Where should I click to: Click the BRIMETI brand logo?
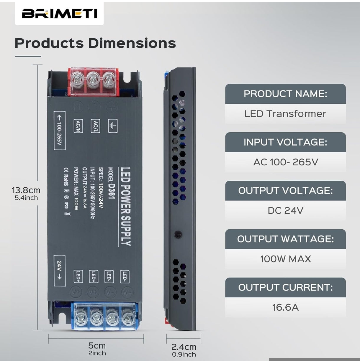[x=59, y=14]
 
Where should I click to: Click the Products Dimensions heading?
[x=95, y=43]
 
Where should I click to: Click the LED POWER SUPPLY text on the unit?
[x=126, y=206]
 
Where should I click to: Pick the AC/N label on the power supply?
[x=78, y=126]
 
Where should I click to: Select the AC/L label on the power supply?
[x=95, y=126]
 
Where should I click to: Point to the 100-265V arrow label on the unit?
[x=59, y=130]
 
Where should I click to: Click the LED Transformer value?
[x=285, y=114]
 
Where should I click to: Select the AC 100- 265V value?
[x=285, y=162]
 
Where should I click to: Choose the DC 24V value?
[x=285, y=210]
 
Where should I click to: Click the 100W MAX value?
[x=285, y=259]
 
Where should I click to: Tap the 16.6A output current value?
[x=285, y=307]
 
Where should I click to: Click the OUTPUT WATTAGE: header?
[x=285, y=239]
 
